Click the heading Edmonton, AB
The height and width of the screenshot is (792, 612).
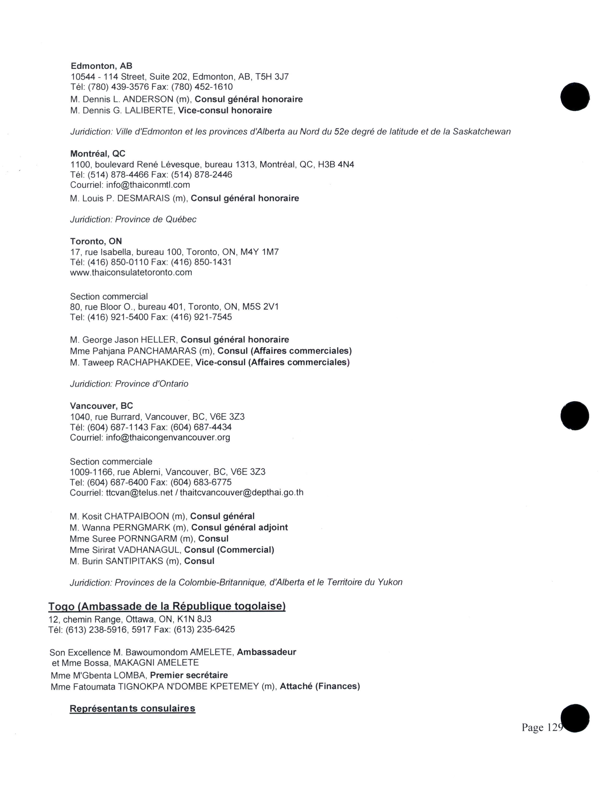pyautogui.click(x=102, y=66)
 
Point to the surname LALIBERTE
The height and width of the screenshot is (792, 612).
pyautogui.click(x=149, y=111)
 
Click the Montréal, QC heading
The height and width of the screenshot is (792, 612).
pyautogui.click(x=98, y=154)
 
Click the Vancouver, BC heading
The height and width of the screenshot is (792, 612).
pyautogui.click(x=102, y=406)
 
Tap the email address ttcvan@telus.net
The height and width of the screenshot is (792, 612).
pyautogui.click(x=139, y=492)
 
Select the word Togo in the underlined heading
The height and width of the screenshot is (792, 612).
pyautogui.click(x=62, y=606)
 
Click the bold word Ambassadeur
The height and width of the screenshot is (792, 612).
pyautogui.click(x=266, y=652)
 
